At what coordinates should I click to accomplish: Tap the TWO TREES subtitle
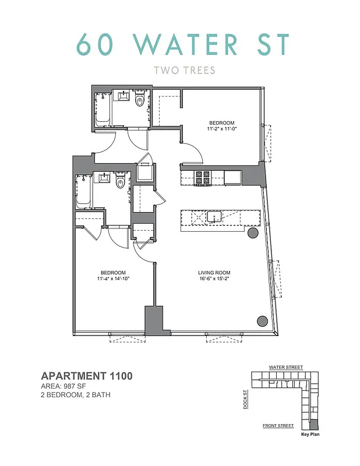click(x=184, y=71)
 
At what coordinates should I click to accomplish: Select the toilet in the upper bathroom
click(x=139, y=101)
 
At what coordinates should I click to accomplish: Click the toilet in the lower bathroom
click(x=121, y=183)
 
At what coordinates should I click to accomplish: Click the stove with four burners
click(x=203, y=177)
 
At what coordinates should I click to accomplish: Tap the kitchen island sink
click(x=214, y=217)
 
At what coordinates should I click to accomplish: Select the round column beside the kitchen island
click(x=253, y=233)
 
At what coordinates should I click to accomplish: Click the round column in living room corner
click(x=262, y=320)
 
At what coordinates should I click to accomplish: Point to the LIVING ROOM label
click(x=214, y=273)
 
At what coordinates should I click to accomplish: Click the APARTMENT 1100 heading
click(x=87, y=376)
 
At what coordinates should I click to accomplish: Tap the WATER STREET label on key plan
click(x=285, y=368)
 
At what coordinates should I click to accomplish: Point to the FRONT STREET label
click(x=278, y=426)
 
